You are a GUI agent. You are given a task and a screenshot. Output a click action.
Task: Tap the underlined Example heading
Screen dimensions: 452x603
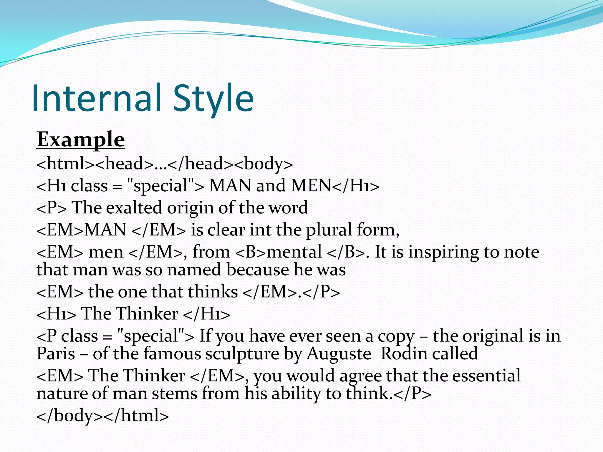(81, 139)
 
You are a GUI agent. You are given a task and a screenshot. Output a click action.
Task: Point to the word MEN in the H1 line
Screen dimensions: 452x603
(312, 186)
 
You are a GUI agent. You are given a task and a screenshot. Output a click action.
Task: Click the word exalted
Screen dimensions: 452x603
(134, 207)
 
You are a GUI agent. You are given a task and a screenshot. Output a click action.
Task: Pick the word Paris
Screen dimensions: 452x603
(56, 353)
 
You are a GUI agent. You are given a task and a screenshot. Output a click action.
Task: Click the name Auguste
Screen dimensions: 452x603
(339, 354)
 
